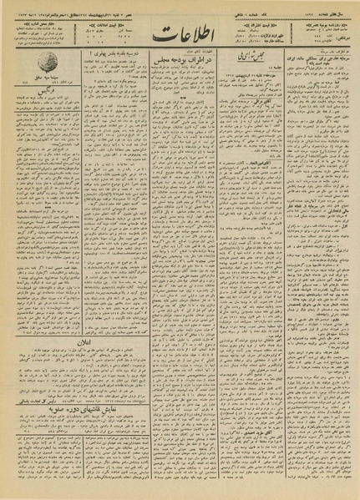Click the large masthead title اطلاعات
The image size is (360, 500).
point(179,37)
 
